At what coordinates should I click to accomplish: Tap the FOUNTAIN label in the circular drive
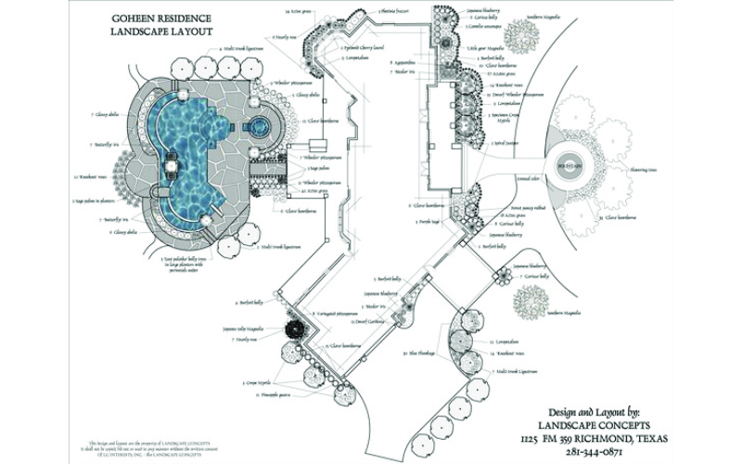tap(568, 166)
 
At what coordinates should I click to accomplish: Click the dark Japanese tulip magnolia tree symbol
tap(296, 331)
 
